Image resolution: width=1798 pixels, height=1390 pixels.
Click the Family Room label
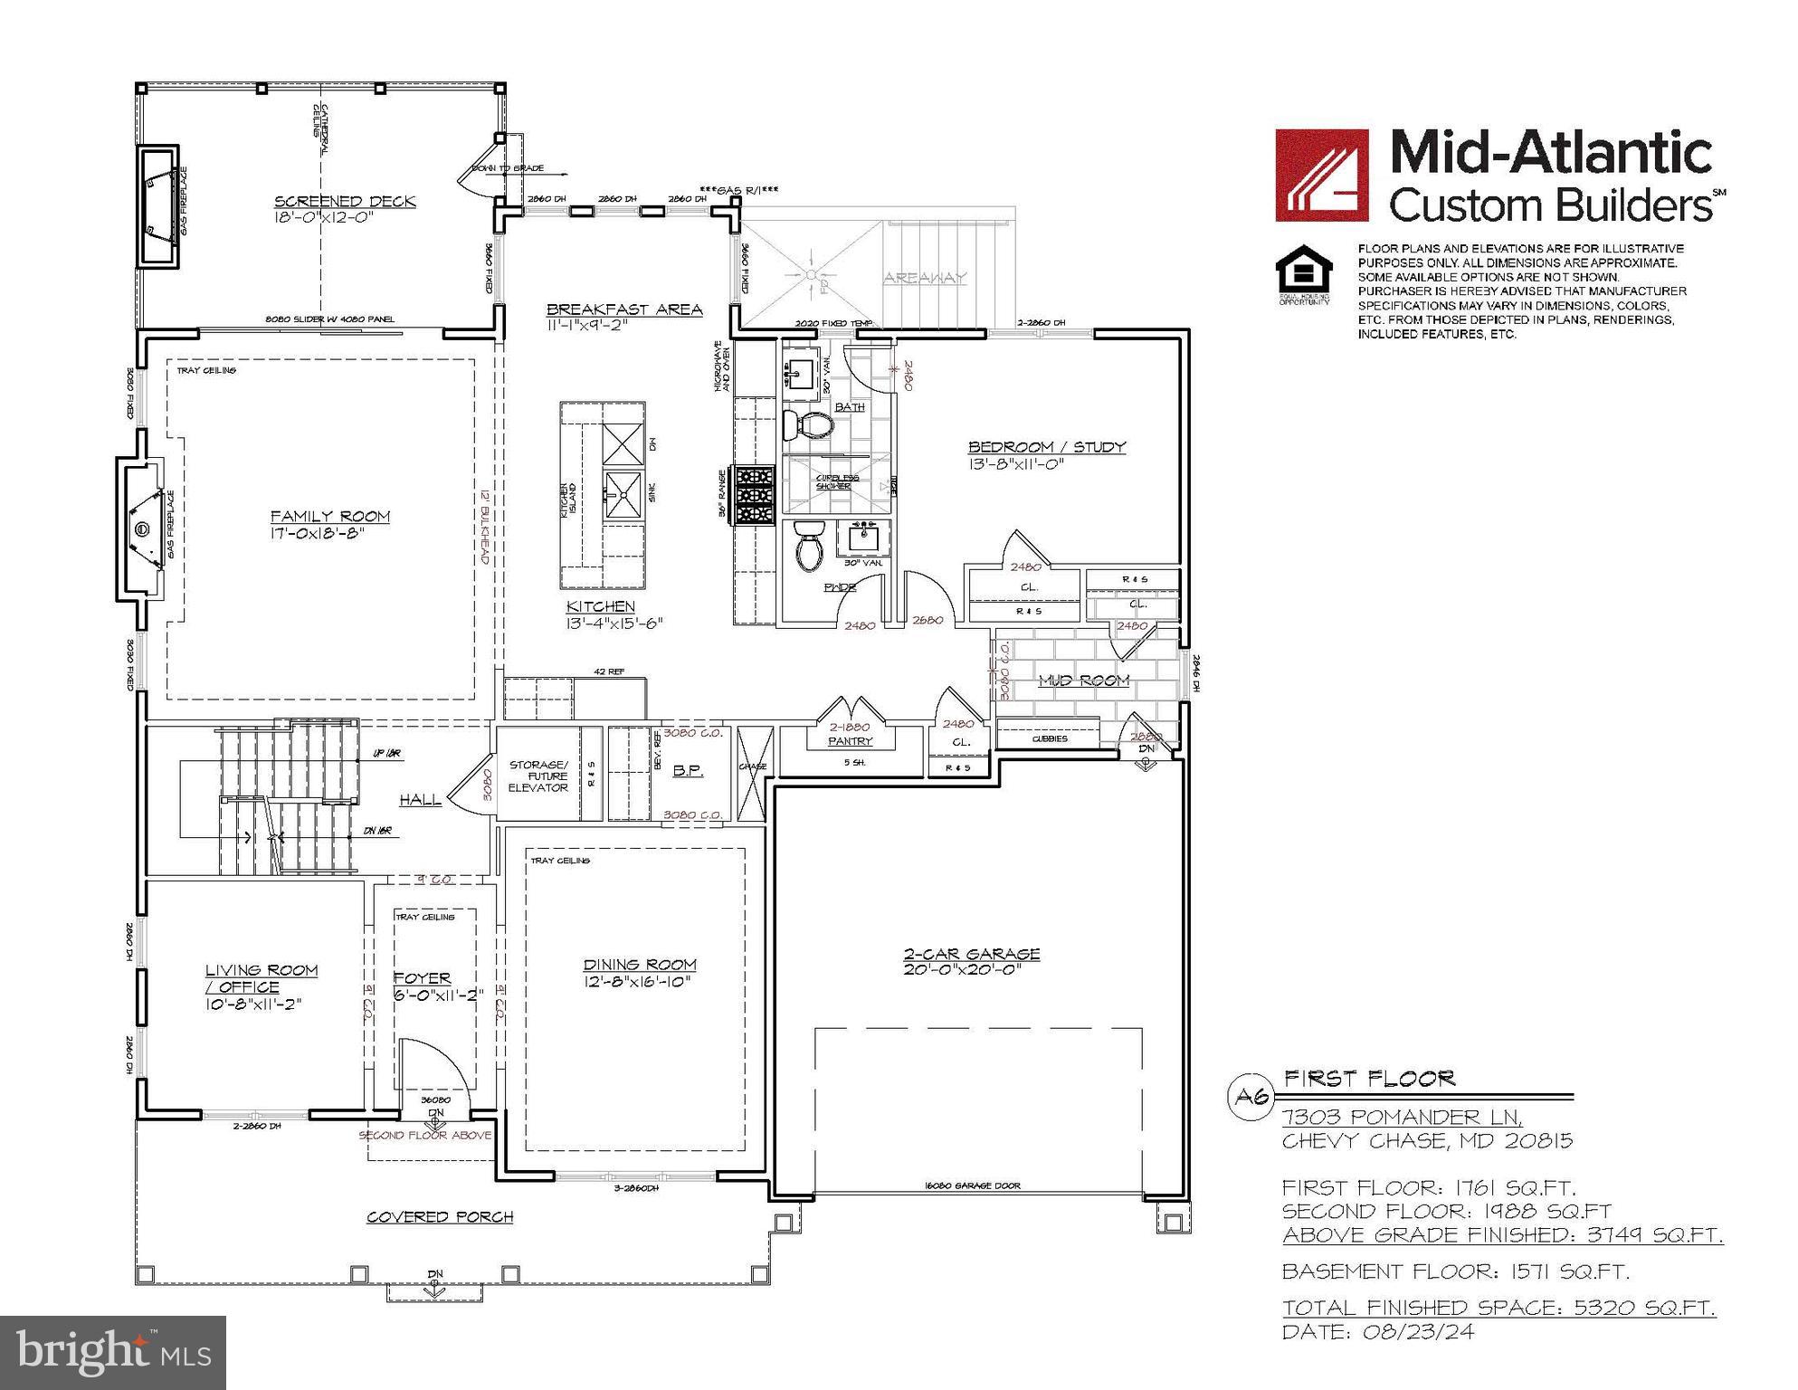[x=330, y=517]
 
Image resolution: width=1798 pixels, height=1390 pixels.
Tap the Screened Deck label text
[x=345, y=201]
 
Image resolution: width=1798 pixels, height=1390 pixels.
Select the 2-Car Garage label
[x=972, y=954]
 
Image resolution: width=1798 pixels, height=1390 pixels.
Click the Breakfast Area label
[x=624, y=309]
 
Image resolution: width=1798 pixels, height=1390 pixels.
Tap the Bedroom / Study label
[x=1047, y=446]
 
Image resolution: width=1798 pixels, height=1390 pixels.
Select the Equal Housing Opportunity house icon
[x=1304, y=271]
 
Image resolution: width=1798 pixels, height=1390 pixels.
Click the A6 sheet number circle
[x=1252, y=1097]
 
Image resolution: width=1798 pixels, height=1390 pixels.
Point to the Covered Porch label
[x=440, y=1217]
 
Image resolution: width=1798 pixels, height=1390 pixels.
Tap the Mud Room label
[x=1083, y=681]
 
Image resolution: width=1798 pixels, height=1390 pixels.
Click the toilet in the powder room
[x=808, y=545]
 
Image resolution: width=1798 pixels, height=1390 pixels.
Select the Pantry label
[x=850, y=741]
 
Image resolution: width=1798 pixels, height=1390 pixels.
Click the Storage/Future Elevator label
[x=538, y=776]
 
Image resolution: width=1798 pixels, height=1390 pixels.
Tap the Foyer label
[x=422, y=978]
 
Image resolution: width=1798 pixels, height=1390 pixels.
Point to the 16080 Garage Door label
[x=972, y=1185]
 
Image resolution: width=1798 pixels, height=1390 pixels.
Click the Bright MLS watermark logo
[x=113, y=1352]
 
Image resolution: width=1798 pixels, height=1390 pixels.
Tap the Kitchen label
[x=601, y=606]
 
